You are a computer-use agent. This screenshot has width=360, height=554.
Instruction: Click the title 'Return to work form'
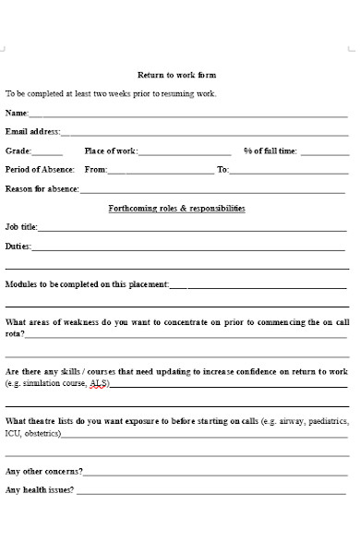(x=176, y=75)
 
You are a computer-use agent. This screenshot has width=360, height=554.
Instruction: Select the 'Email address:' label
(x=33, y=132)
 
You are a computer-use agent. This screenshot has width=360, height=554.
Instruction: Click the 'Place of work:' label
(x=111, y=151)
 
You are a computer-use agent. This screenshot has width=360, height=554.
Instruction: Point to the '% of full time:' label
(x=270, y=151)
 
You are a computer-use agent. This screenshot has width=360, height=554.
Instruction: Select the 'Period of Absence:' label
(x=40, y=170)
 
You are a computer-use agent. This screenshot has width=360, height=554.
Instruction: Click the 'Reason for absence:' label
(x=42, y=189)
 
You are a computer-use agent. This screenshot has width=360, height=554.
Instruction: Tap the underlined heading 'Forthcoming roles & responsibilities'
(x=176, y=209)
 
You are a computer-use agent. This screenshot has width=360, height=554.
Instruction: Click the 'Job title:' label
(x=21, y=227)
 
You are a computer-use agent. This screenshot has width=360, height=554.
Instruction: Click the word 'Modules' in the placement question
(x=21, y=284)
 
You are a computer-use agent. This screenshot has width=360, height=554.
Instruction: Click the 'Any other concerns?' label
(x=43, y=471)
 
